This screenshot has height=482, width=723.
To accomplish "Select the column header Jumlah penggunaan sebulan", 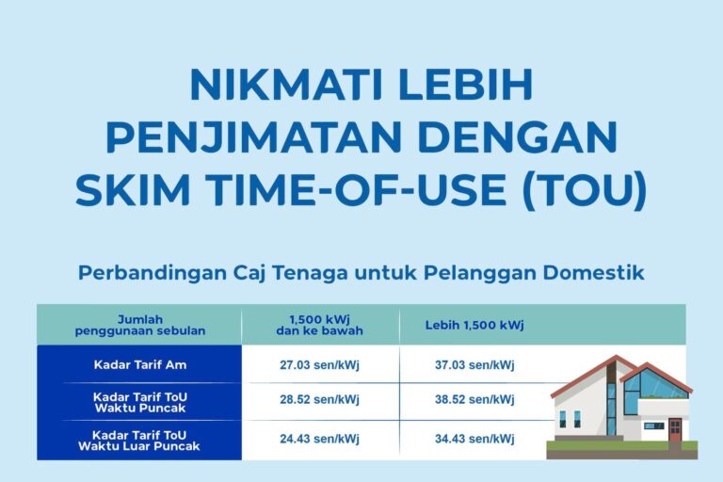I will coord(139,325).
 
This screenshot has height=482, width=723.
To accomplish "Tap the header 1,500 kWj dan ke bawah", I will coord(321,325).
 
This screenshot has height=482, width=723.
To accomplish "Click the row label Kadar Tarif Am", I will coord(139,364).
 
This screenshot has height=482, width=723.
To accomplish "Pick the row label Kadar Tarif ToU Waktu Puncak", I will coord(139,402).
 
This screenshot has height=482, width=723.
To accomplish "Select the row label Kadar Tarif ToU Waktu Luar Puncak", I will coord(139,440).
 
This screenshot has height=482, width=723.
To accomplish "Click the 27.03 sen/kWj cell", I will coord(320,364).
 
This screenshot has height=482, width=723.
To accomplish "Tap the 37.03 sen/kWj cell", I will coord(474,364).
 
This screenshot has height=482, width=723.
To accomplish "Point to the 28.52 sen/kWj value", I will coord(320,400).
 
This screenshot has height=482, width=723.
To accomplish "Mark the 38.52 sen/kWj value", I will coord(474,400).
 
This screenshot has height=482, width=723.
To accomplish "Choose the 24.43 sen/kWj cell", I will coord(320,439).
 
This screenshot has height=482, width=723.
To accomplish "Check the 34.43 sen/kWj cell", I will coord(474,439).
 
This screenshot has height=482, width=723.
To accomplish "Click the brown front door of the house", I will coord(674,430).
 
